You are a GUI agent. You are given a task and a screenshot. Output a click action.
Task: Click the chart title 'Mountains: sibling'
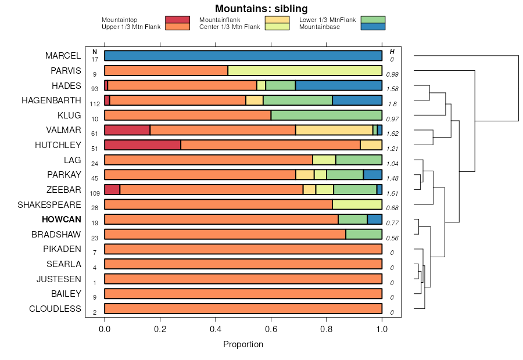(x=261, y=9)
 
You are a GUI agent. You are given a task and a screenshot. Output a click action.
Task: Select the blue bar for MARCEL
(x=243, y=56)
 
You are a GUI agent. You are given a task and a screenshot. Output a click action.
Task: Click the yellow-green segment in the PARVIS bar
(x=305, y=71)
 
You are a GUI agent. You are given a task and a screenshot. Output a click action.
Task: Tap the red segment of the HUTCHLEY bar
(x=142, y=145)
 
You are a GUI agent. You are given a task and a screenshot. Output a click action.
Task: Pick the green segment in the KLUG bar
(x=326, y=115)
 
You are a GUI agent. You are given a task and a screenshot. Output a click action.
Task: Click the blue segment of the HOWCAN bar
(x=374, y=219)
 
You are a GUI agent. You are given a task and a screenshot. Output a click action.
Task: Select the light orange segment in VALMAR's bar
(x=334, y=130)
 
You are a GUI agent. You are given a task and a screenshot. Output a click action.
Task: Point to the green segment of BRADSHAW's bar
(x=364, y=234)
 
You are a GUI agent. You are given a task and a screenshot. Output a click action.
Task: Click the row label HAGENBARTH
(x=51, y=100)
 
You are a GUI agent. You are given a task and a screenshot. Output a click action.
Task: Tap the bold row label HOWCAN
(x=61, y=219)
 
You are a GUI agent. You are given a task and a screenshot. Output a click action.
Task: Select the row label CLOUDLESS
(x=55, y=309)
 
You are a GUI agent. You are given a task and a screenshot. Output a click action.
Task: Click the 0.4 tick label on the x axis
(x=216, y=329)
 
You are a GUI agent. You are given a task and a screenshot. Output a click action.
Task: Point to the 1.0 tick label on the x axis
(x=382, y=329)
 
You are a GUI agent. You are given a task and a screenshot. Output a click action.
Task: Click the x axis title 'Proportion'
(x=243, y=344)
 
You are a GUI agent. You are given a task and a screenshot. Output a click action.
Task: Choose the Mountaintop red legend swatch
(x=177, y=20)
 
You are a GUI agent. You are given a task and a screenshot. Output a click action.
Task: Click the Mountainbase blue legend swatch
(x=372, y=27)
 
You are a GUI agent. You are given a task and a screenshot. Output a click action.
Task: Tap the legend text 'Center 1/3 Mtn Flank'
(x=230, y=27)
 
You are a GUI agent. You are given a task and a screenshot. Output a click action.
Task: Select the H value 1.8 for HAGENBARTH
(x=392, y=104)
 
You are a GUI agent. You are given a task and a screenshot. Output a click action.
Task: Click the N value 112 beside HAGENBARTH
(x=95, y=104)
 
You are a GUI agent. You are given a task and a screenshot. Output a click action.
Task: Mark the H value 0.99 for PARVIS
(x=392, y=74)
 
